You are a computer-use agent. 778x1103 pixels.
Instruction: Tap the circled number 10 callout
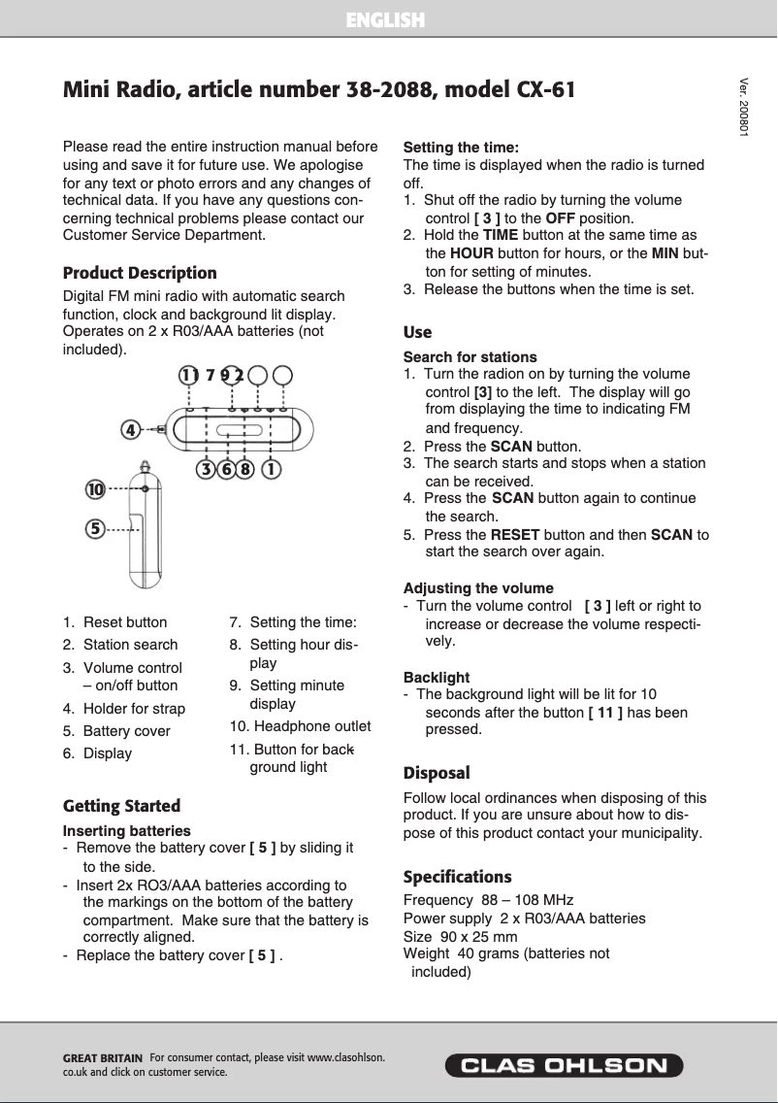94,490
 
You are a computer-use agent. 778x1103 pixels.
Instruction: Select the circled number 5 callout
94,529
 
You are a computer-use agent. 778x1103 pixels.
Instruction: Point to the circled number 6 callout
226,470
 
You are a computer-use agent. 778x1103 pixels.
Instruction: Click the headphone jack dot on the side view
145,488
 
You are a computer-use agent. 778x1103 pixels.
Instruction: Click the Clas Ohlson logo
565,1065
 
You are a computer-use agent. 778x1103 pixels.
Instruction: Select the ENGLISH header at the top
386,19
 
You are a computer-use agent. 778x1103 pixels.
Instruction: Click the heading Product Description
140,273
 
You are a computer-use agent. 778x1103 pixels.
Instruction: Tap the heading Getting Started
121,806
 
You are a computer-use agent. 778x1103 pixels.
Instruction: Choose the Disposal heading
437,773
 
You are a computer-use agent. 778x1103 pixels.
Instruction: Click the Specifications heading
457,877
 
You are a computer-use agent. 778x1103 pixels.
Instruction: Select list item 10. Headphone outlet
300,726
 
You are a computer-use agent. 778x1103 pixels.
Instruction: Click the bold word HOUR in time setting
473,253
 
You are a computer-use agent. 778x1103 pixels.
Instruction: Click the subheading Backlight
436,677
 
